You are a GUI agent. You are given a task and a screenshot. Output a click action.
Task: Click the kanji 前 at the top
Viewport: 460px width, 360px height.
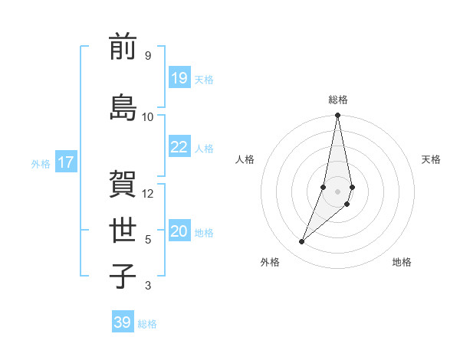pyautogui.click(x=123, y=47)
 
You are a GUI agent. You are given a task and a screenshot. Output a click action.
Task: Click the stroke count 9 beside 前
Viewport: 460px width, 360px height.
pyautogui.click(x=147, y=55)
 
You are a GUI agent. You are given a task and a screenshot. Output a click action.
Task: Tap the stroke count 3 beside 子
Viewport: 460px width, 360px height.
pyautogui.click(x=147, y=286)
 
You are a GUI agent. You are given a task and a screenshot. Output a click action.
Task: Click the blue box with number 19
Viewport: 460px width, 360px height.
pyautogui.click(x=179, y=77)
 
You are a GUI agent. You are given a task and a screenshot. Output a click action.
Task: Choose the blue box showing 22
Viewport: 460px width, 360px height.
pyautogui.click(x=179, y=147)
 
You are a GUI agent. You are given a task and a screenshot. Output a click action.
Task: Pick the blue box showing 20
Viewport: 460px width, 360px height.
pyautogui.click(x=179, y=231)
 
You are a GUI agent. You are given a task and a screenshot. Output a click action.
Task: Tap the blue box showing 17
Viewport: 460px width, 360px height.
pyautogui.click(x=65, y=162)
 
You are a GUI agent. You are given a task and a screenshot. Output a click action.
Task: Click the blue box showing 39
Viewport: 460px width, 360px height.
pyautogui.click(x=122, y=322)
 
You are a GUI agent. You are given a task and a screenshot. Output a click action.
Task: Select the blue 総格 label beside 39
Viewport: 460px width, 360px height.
pyautogui.click(x=147, y=324)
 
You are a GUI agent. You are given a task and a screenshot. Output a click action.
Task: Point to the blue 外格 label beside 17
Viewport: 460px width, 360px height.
pyautogui.click(x=41, y=163)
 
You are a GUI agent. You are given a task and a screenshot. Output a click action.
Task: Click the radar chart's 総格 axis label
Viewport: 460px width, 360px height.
pyautogui.click(x=338, y=100)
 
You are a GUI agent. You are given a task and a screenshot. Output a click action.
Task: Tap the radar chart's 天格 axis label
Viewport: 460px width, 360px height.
pyautogui.click(x=431, y=159)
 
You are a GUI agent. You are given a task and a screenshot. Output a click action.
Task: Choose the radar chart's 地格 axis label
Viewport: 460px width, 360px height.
pyautogui.click(x=402, y=262)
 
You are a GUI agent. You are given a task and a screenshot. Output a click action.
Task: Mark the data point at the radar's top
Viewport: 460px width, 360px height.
pyautogui.click(x=337, y=116)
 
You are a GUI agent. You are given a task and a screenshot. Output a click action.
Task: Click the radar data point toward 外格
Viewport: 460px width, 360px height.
pyautogui.click(x=301, y=242)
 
